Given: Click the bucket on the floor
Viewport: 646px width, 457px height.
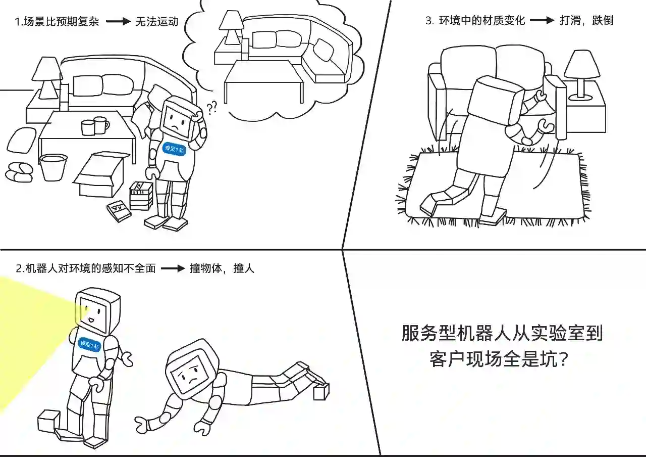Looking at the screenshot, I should click(53, 167).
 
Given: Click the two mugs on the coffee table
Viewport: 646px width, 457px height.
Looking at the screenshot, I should click(95, 126).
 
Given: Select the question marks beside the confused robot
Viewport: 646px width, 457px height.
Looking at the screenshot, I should click(212, 107).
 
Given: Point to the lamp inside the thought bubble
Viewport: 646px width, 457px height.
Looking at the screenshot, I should click(232, 28).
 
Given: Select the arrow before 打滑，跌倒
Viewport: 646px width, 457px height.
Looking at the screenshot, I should click(542, 21).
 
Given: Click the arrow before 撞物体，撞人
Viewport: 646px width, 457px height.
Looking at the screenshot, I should click(173, 268).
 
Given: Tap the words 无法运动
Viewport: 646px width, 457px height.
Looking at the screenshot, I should click(157, 22).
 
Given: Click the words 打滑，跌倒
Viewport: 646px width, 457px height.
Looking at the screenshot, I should click(586, 21).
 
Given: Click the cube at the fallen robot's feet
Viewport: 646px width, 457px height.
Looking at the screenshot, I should click(321, 391).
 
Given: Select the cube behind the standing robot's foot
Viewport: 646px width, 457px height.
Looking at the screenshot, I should click(48, 421).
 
